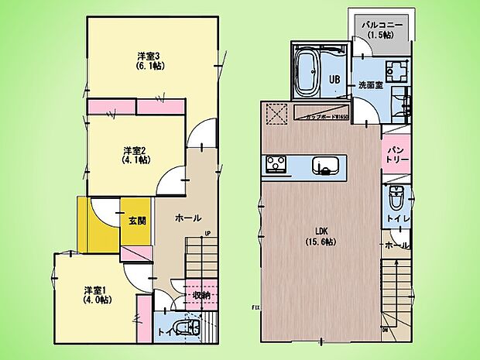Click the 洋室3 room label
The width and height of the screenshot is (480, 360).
(x=149, y=56)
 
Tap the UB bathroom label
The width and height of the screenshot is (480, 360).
(x=334, y=78)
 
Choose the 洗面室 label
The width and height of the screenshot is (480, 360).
(x=369, y=85)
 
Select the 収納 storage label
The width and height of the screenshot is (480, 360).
(x=201, y=295)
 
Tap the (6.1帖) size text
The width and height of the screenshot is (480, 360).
(x=149, y=67)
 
